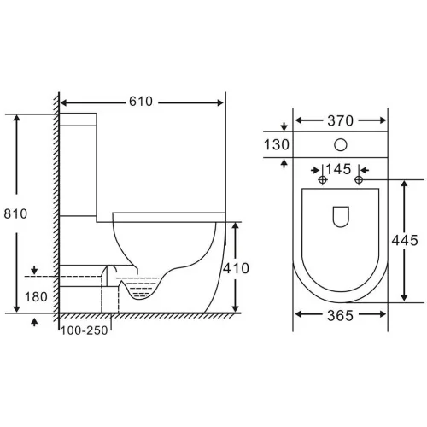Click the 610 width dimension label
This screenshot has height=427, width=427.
click(141, 102)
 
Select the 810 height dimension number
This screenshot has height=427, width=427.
click(15, 213)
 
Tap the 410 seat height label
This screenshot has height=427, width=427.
click(236, 268)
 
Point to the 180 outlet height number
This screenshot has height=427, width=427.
click(36, 297)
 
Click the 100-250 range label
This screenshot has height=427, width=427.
click(85, 330)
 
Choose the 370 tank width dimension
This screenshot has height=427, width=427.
click(340, 120)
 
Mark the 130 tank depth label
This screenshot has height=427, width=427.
click(277, 144)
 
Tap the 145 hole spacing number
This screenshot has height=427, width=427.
click(338, 169)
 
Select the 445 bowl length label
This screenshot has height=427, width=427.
click(405, 240)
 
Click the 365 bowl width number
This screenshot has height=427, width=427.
click(340, 315)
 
